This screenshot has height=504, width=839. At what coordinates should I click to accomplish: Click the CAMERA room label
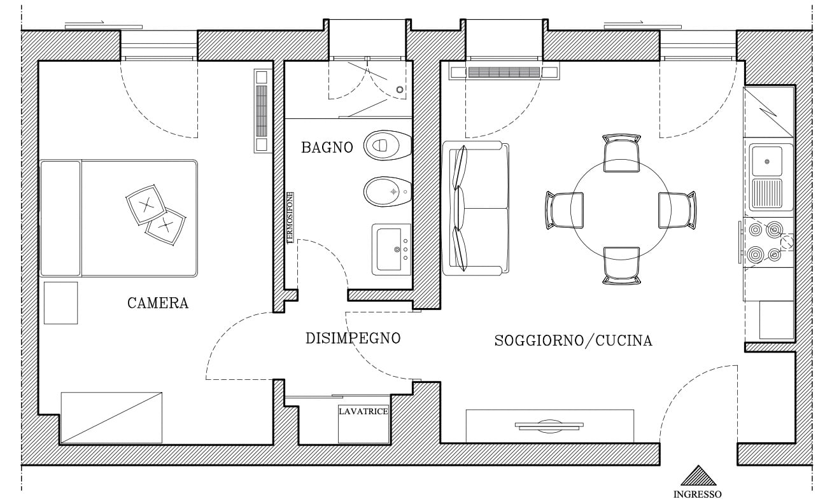tap(158, 303)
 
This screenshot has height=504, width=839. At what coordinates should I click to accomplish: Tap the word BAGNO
tap(327, 148)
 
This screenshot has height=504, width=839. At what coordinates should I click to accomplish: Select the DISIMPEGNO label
tap(353, 338)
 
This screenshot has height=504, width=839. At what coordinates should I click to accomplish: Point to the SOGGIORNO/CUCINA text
tap(573, 340)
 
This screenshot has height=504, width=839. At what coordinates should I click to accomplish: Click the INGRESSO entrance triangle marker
tap(698, 477)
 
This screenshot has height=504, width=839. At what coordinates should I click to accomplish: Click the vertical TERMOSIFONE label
tap(290, 218)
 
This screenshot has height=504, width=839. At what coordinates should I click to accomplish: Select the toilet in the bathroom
tap(386, 145)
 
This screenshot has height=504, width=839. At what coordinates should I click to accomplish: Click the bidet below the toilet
tap(387, 191)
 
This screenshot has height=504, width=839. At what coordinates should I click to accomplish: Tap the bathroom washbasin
tap(391, 249)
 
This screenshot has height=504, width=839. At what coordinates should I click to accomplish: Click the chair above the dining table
tap(621, 153)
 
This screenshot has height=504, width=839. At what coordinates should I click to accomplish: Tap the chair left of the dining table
tap(563, 209)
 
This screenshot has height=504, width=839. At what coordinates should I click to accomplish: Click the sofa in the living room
tap(476, 208)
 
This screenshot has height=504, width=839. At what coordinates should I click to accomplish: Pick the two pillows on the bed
tap(156, 213)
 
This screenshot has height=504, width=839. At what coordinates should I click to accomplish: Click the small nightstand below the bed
tap(61, 303)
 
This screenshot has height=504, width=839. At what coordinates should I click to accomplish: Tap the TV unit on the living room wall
tap(549, 426)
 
